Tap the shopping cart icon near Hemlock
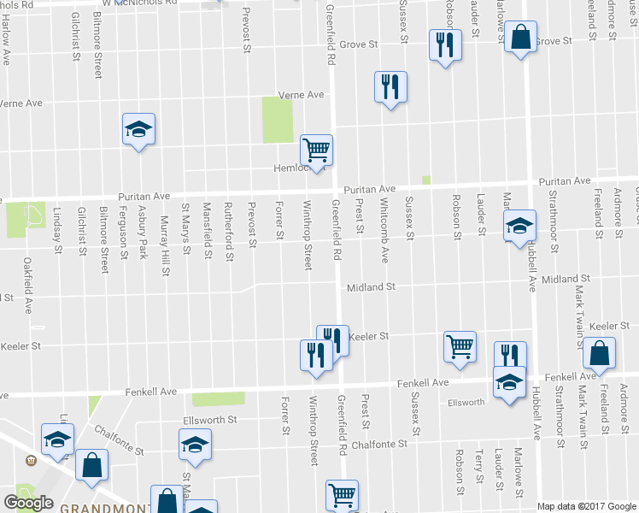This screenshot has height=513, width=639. pos(317,150)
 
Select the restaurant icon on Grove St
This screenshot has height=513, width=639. pos(443,44)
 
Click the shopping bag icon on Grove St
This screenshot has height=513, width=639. pos(519,38)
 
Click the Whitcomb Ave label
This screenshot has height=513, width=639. pos(385,231)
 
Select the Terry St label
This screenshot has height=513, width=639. pos(479,466)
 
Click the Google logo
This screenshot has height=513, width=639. pos(28,503)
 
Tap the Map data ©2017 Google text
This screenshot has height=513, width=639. pos(587,506)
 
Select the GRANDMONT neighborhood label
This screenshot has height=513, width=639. pos(94,507)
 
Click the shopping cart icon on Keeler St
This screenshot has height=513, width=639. pos(459,346)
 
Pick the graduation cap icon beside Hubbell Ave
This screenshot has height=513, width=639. pos(518,227)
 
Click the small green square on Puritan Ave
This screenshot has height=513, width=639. pos(425,180)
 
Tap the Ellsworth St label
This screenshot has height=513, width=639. pos(210,420)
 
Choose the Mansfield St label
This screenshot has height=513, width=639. pos(207,231)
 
